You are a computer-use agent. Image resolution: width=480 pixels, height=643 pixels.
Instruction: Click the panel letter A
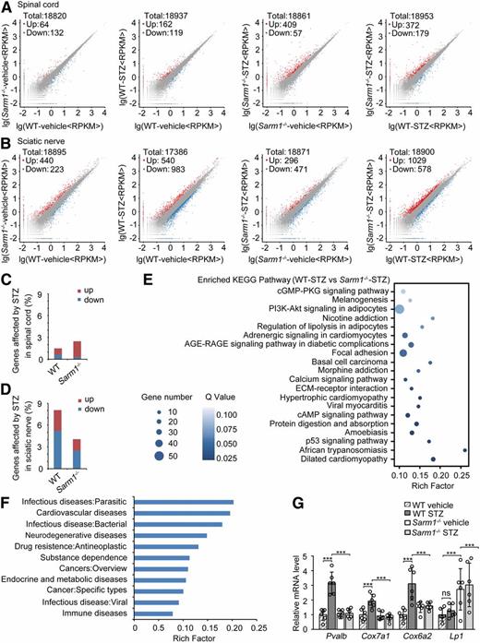(6, 6)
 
